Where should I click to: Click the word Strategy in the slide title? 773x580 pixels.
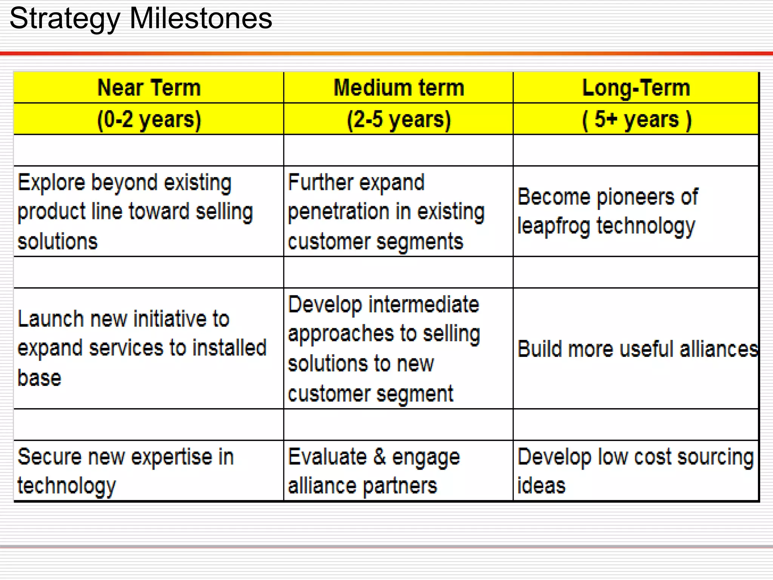[x=64, y=19]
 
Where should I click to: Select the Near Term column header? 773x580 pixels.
[x=149, y=88]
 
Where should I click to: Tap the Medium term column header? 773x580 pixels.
[x=399, y=88]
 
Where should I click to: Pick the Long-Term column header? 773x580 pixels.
[x=636, y=88]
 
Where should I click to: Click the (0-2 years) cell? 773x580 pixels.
[x=149, y=119]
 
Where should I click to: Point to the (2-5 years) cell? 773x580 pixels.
[x=399, y=119]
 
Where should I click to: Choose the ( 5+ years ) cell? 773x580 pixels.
[x=636, y=119]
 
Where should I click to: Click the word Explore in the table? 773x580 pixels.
[x=51, y=183]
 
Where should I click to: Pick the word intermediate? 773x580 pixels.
[x=423, y=304]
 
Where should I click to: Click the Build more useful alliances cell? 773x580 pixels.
[x=637, y=349]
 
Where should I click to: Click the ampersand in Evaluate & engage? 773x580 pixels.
[x=379, y=457]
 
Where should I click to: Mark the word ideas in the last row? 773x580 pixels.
[x=541, y=486]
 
